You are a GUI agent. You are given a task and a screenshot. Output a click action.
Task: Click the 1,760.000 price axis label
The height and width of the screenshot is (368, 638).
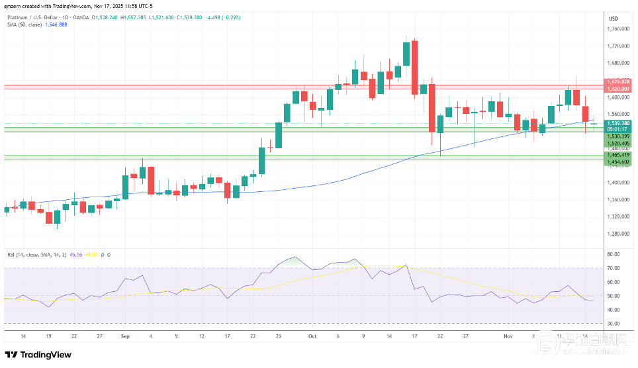point(618,29)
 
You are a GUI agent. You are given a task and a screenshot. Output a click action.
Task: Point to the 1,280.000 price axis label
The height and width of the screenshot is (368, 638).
point(618,234)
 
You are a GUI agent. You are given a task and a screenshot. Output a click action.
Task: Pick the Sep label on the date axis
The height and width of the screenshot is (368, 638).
point(125,336)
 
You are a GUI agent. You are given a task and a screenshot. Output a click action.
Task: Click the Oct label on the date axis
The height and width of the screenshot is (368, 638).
point(312,336)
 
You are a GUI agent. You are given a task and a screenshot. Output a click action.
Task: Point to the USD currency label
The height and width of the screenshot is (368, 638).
point(613,18)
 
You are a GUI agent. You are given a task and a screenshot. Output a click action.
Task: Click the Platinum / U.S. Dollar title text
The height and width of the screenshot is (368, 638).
point(33,15)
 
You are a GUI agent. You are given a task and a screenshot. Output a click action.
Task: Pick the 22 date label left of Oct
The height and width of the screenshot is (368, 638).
point(253,336)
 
